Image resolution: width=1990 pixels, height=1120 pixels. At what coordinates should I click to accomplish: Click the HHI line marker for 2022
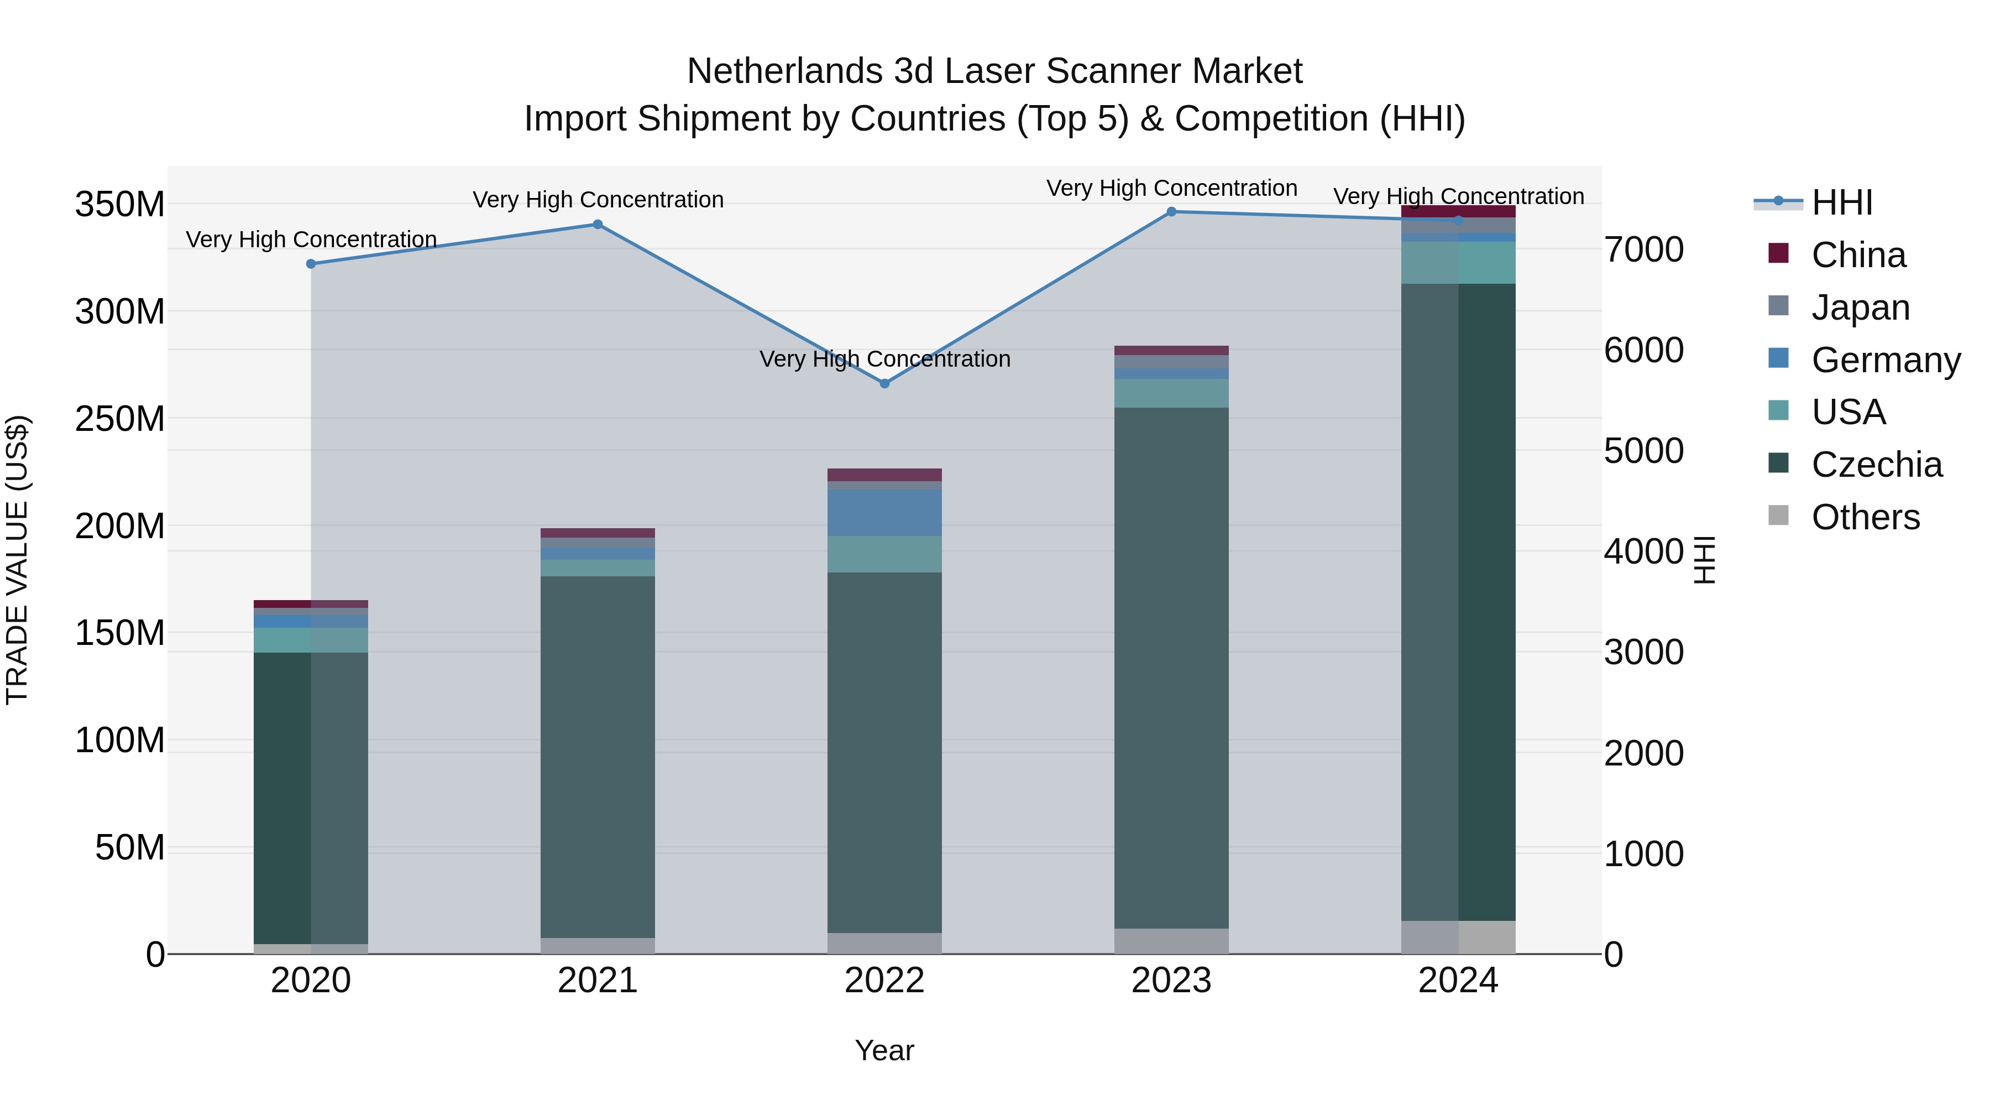884,383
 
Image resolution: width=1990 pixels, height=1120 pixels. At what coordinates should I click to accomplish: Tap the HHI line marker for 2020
311,264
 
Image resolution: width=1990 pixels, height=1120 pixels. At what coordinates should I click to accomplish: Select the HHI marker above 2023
1171,212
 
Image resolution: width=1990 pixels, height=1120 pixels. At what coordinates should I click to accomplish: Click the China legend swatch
1778,253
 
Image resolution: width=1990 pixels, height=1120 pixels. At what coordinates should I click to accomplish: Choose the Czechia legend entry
1877,465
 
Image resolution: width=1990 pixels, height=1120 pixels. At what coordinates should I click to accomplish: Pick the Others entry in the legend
1865,517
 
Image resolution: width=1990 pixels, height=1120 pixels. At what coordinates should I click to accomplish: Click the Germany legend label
1886,360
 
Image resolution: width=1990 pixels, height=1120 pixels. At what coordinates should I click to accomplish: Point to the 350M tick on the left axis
120,205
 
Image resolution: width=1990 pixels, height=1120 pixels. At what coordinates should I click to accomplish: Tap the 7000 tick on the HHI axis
1644,249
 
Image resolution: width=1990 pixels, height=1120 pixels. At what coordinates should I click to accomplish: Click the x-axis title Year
884,1050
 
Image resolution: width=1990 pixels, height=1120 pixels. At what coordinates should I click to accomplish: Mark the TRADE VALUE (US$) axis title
17,560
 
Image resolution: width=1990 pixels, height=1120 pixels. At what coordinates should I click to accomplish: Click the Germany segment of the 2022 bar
884,513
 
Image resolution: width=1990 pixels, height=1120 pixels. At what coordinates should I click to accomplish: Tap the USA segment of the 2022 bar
884,554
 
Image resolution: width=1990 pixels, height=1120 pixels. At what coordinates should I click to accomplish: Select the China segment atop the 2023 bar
1171,350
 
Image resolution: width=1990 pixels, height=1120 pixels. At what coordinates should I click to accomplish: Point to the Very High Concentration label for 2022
884,360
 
